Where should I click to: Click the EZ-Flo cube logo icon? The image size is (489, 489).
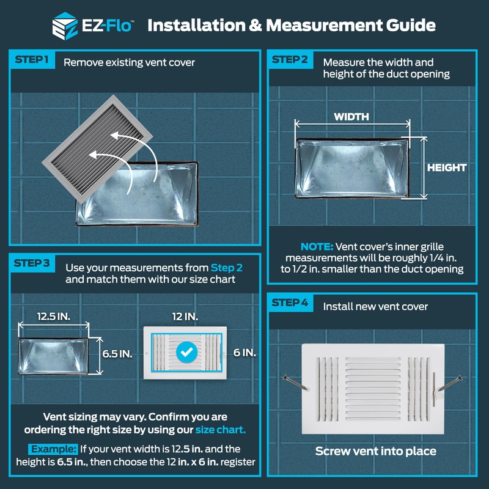[x=64, y=26]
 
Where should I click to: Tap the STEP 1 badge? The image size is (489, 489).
[x=31, y=61]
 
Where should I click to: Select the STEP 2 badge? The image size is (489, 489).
[x=290, y=60]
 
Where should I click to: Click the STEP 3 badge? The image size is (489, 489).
[x=32, y=263]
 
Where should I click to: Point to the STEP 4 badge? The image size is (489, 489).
[x=290, y=303]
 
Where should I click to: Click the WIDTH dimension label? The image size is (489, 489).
[x=351, y=116]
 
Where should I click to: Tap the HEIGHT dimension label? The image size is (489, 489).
[x=446, y=167]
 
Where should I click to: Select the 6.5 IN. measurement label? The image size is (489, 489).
[x=117, y=354]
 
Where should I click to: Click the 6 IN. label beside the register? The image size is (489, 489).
[x=244, y=353]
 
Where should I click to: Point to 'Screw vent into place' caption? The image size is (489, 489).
[x=375, y=452]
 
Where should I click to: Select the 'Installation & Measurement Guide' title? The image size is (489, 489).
[x=291, y=26]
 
